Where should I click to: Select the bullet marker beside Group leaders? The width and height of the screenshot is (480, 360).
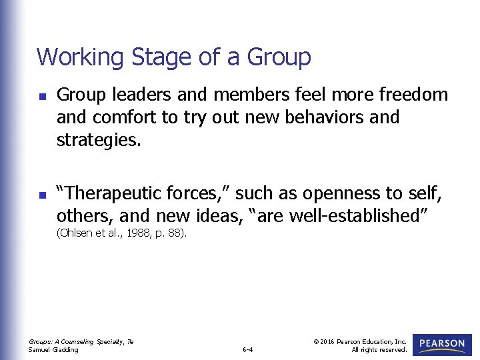click(x=41, y=96)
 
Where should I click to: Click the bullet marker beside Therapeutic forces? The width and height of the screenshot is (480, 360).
click(x=41, y=195)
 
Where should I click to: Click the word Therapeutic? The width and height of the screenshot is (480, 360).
click(x=113, y=193)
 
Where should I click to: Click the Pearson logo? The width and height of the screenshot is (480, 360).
click(x=441, y=344)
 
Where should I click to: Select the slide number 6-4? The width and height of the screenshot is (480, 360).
click(x=247, y=349)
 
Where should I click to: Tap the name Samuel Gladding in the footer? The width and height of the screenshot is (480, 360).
click(x=53, y=349)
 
